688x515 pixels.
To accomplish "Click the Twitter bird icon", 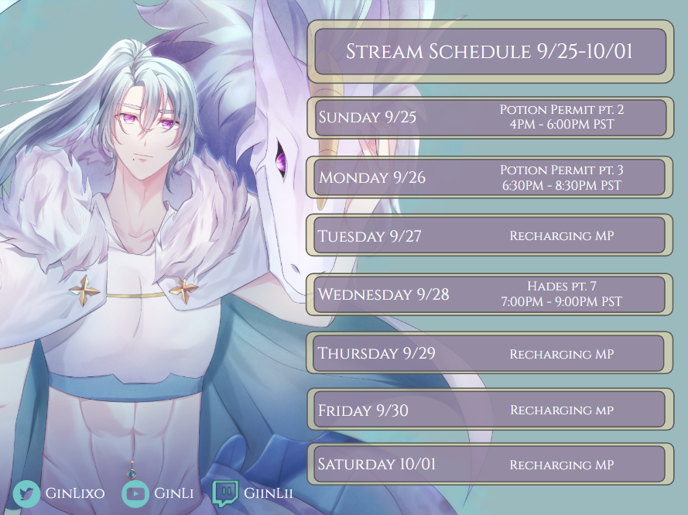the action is point(26,493).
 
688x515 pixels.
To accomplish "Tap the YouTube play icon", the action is point(135,493).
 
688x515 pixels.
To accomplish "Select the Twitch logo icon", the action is point(225,493).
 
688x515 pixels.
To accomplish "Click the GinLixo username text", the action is point(75,493).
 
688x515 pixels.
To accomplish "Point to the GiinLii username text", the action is point(268,493).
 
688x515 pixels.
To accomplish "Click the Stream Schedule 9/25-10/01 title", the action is point(489,51).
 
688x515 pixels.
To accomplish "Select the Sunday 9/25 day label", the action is point(368,117).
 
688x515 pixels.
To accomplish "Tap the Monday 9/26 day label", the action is point(372,177).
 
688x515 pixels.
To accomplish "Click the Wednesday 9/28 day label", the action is point(384,294).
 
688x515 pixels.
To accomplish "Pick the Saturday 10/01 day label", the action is point(376,464).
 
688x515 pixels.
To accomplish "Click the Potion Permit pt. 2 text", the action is point(562,109).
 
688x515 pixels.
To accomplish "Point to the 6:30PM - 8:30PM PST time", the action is point(562,185).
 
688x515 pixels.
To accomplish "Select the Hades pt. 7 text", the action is point(562,287).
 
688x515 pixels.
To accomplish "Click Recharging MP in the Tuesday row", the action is point(562,235).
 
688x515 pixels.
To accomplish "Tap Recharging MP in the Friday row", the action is point(562,410).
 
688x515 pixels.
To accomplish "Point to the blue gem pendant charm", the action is point(132,473).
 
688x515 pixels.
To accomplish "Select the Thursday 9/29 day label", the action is point(376,353).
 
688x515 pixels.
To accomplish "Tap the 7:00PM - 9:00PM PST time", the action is point(562,301).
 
